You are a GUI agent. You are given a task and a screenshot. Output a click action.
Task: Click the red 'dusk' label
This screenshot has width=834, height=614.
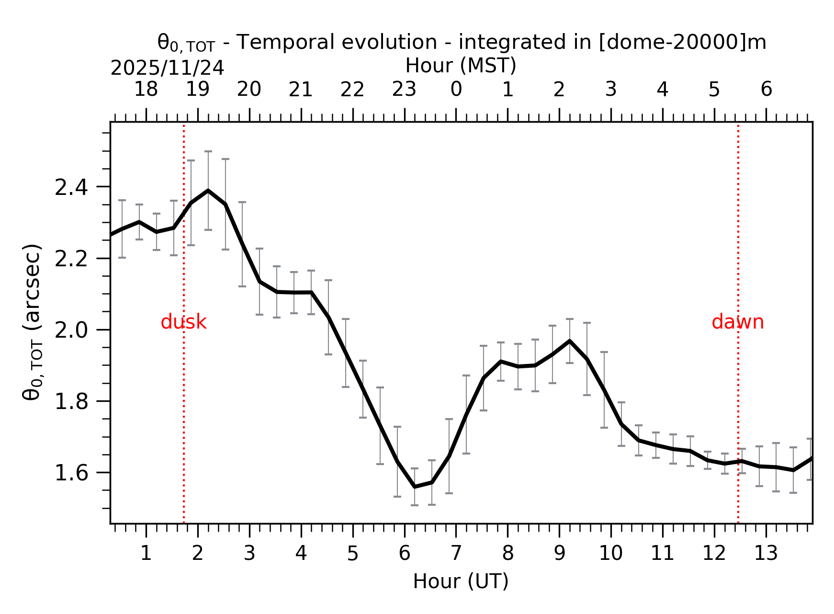(x=183, y=322)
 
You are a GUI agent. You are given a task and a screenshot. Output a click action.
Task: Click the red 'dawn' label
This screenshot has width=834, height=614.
(x=737, y=322)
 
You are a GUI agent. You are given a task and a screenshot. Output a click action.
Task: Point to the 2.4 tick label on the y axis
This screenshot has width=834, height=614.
(x=71, y=188)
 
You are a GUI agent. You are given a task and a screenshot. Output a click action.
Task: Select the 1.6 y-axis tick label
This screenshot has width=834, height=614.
(x=71, y=473)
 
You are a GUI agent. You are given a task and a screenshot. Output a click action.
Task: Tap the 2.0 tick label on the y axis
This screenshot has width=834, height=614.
(x=71, y=330)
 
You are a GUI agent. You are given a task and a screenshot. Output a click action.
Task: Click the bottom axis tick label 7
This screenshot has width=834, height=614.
(x=456, y=554)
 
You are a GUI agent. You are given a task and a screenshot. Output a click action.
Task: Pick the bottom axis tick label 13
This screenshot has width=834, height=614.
(x=766, y=554)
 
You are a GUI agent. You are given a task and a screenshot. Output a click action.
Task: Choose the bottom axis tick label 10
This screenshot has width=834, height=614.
(x=610, y=554)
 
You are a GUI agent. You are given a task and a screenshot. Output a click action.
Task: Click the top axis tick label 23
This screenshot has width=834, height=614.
(x=404, y=90)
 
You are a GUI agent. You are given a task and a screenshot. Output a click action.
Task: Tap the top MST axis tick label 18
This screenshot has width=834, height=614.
(x=146, y=90)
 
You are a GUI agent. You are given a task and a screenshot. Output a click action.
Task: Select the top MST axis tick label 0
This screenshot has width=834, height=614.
(x=456, y=90)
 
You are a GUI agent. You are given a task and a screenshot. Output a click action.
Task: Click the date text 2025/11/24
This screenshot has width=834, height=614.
(x=167, y=68)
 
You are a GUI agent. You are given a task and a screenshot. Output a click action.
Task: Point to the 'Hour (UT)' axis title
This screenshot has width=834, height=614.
(x=461, y=581)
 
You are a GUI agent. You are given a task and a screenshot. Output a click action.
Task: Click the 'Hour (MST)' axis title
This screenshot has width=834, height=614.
(x=461, y=66)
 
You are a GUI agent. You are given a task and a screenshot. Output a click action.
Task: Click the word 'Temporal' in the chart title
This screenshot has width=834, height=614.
(x=282, y=42)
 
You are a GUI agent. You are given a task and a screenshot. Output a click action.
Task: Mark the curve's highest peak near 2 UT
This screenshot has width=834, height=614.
(x=208, y=191)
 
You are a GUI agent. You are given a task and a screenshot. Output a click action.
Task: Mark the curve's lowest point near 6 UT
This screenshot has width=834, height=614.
(x=415, y=487)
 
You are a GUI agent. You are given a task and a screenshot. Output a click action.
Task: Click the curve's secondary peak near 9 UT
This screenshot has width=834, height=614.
(x=569, y=341)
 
